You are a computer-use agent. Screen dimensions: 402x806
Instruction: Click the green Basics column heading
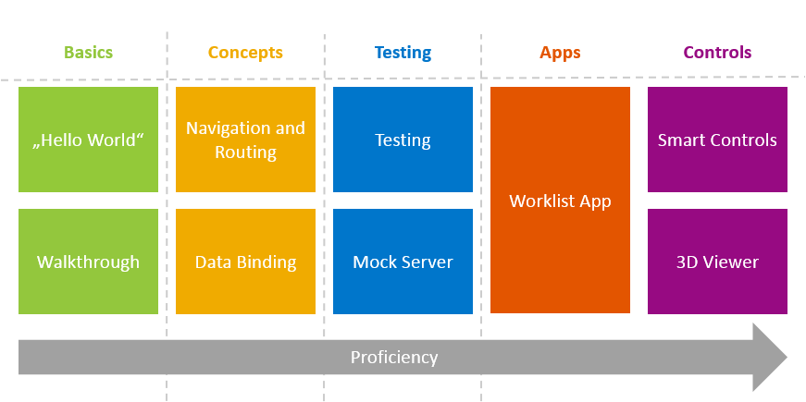pyautogui.click(x=88, y=53)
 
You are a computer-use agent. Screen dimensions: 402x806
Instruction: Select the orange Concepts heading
pyautogui.click(x=245, y=53)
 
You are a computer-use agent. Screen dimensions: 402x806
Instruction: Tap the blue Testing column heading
pyautogui.click(x=403, y=53)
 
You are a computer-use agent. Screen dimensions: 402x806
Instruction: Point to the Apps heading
pyautogui.click(x=560, y=53)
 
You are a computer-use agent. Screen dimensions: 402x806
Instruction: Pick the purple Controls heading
pyautogui.click(x=717, y=53)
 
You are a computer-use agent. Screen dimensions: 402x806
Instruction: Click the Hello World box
pyautogui.click(x=88, y=140)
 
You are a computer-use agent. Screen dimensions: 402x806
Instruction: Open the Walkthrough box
pyautogui.click(x=88, y=262)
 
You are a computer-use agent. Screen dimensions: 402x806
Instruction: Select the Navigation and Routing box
pyautogui.click(x=245, y=140)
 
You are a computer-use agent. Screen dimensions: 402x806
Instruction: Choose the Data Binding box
pyautogui.click(x=245, y=262)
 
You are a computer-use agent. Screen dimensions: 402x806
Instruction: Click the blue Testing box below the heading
pyautogui.click(x=403, y=140)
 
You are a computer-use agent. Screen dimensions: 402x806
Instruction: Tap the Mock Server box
pyautogui.click(x=403, y=262)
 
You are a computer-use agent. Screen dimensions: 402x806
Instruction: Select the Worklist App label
pyautogui.click(x=560, y=201)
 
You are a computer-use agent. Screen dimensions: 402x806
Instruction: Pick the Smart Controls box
pyautogui.click(x=717, y=140)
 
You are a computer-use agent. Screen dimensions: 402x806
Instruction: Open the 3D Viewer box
pyautogui.click(x=717, y=262)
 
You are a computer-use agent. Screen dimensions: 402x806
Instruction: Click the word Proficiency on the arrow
pyautogui.click(x=393, y=358)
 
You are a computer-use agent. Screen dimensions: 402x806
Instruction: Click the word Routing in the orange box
pyautogui.click(x=245, y=152)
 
